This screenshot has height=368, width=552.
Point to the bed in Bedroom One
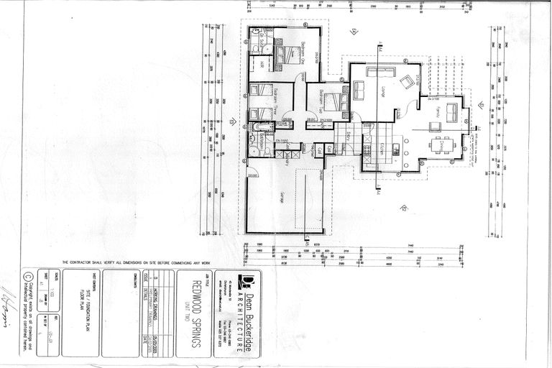pos(287,54)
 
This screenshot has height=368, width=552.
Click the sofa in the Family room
pos(453,112)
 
